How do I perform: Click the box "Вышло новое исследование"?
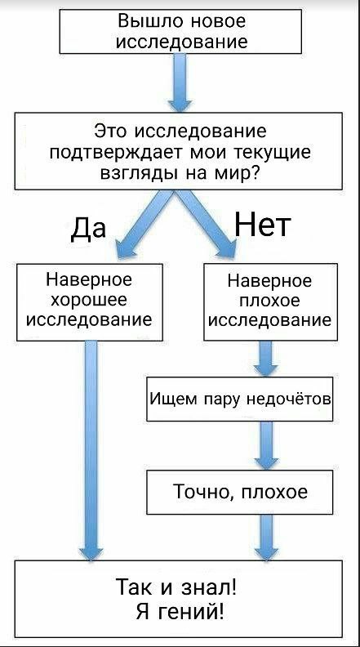coord(180,31)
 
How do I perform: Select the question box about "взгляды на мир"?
coord(179,151)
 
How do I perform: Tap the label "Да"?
coord(88,228)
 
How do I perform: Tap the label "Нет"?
coord(263,225)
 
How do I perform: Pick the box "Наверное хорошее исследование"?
coord(90,302)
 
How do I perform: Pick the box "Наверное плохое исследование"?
coord(270,302)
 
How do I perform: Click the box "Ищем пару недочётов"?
coord(239,399)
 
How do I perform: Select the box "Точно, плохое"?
coord(239,493)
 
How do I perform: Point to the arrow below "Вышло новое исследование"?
coord(180,83)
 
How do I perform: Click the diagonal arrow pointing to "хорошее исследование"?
coord(144,224)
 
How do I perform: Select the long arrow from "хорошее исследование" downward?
coord(91,450)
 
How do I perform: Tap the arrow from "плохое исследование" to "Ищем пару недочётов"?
coord(265,359)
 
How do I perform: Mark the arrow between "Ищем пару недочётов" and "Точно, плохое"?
coord(266,446)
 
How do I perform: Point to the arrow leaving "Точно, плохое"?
coord(266,538)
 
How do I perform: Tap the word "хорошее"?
coord(89,301)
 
